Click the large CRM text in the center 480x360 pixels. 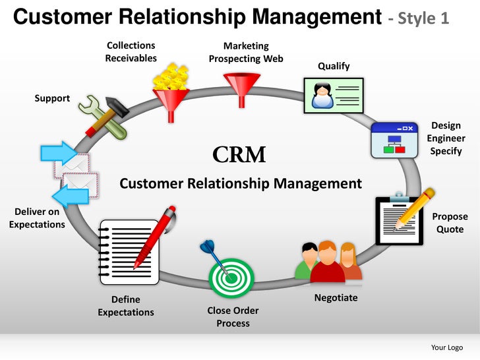pos(239,155)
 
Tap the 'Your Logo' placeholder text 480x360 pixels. pos(446,347)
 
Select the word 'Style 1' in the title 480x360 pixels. pos(425,18)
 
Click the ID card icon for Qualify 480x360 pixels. pos(332,95)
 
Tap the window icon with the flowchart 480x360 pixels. pos(394,140)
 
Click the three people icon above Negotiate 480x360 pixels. pos(328,262)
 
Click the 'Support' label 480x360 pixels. pos(52,98)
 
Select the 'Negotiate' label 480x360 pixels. pos(336,297)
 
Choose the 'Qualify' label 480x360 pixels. pos(334,66)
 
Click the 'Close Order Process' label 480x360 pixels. pos(233,316)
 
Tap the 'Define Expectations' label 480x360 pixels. pos(125,305)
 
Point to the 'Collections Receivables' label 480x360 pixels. pos(131,51)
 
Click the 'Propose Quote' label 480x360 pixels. pos(450,223)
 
